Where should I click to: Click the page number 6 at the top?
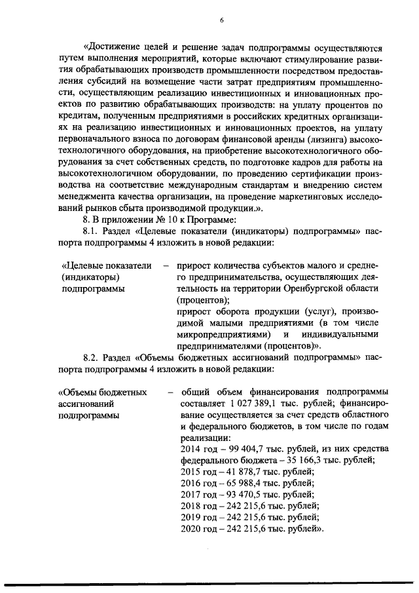222,20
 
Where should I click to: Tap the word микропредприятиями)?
220,334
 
